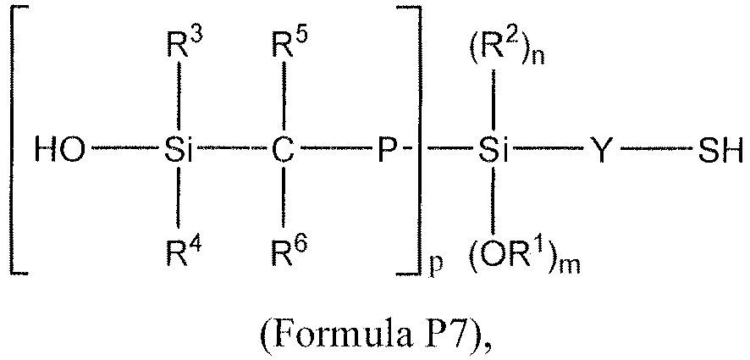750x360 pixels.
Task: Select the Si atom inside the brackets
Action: pyautogui.click(x=178, y=152)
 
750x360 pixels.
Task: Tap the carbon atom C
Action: pyautogui.click(x=284, y=152)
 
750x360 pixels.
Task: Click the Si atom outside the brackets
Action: pyautogui.click(x=494, y=152)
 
